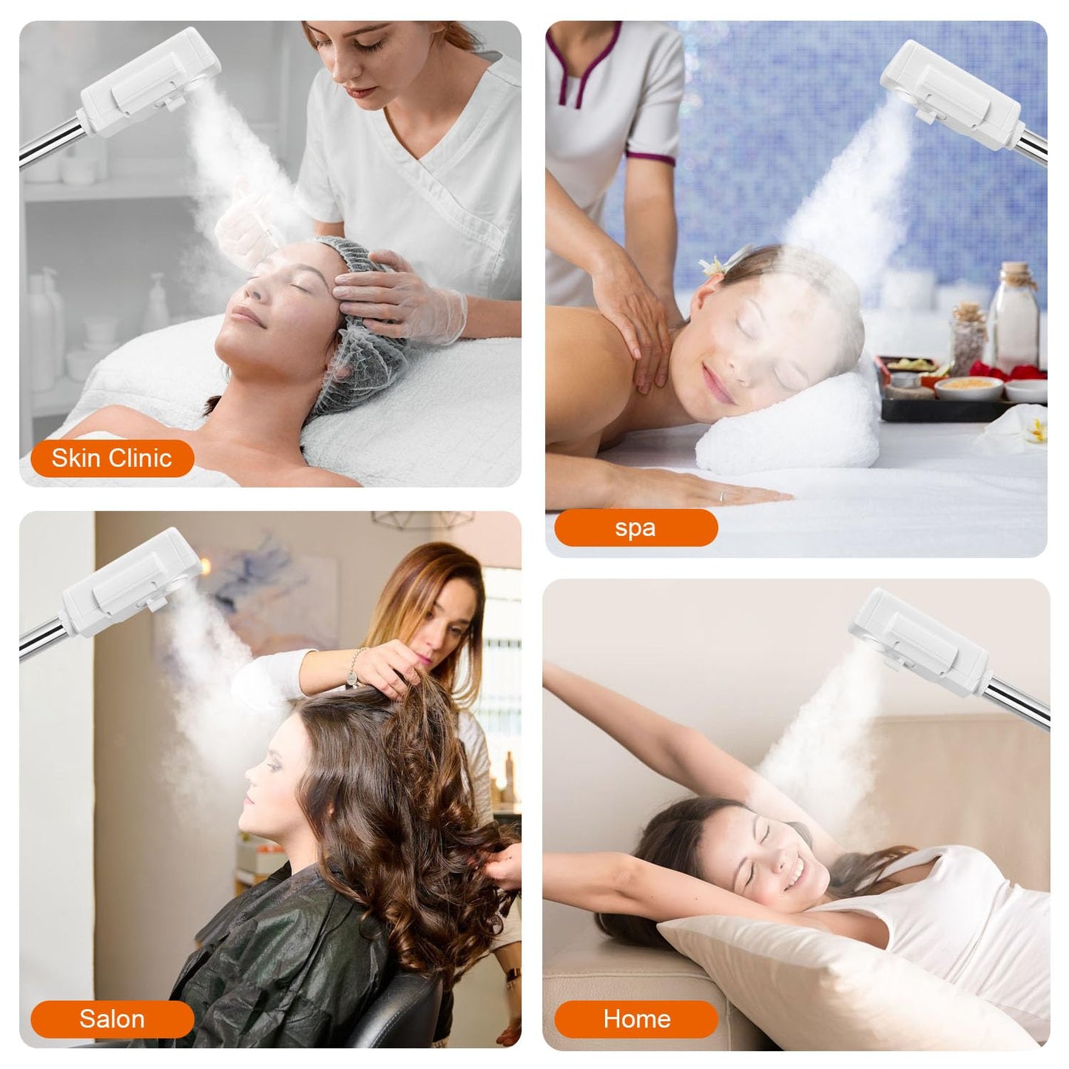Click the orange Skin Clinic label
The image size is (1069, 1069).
coord(112,458)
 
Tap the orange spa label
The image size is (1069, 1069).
coord(635,528)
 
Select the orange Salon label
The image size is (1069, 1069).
coord(112,1019)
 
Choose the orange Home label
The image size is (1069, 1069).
coord(636,1019)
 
